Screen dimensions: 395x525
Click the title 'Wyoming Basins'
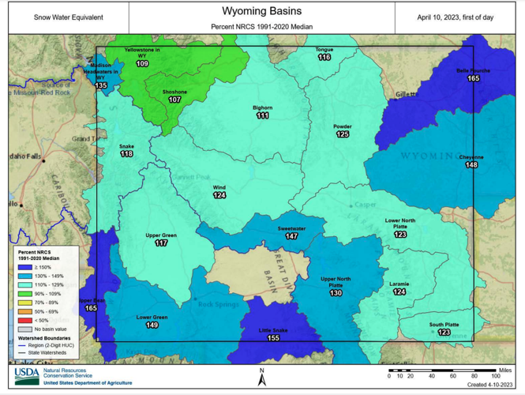[x=261, y=12]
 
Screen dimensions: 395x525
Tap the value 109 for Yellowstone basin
[x=142, y=63]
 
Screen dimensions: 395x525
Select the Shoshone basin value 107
[x=174, y=100]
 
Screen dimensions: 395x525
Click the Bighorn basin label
[x=263, y=107]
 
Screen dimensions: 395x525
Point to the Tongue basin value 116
[x=324, y=58]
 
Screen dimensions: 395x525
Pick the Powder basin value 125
[x=343, y=134]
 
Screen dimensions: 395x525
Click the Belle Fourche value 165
[x=474, y=78]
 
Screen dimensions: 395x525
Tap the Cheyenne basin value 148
[x=471, y=165]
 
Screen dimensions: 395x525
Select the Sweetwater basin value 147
[x=292, y=236]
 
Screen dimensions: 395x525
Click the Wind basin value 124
[x=219, y=195]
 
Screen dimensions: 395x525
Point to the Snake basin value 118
[x=126, y=154]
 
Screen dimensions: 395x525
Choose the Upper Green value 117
[x=161, y=243]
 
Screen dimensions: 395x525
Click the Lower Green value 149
[x=152, y=325]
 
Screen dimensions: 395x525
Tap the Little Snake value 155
[x=274, y=337]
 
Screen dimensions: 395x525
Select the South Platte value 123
[x=444, y=333]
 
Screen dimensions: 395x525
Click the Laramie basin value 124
[x=399, y=292]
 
